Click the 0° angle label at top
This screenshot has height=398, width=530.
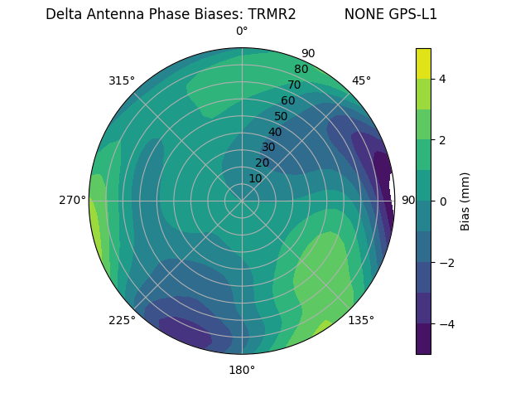click(242, 32)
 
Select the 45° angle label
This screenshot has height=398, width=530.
click(361, 80)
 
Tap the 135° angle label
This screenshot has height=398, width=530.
click(361, 320)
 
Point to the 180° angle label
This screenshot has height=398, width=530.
click(242, 370)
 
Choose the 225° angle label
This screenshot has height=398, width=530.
click(122, 320)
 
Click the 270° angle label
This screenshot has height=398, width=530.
click(73, 200)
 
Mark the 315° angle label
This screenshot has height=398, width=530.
click(122, 80)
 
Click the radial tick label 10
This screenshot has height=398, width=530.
click(256, 178)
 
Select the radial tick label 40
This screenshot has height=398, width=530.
click(275, 133)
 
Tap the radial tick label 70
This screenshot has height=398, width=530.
click(294, 85)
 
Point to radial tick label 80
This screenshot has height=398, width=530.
click(301, 70)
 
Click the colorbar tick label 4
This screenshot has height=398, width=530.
click(443, 79)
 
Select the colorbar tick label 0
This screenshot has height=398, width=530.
click(443, 201)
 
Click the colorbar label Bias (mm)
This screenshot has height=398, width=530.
click(465, 201)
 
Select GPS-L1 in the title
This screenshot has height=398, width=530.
click(411, 14)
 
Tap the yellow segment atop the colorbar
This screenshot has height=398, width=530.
click(423, 63)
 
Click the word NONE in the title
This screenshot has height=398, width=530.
click(362, 14)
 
